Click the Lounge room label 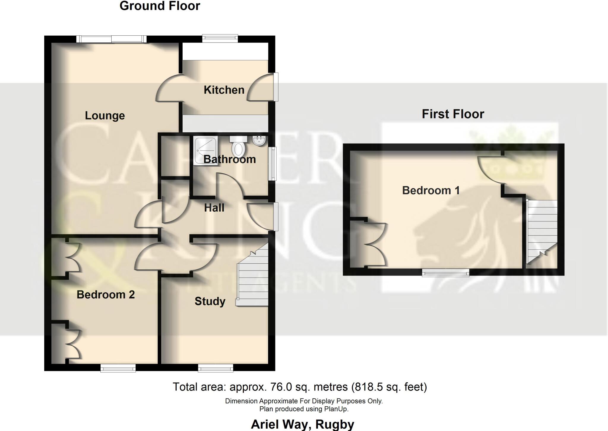pyautogui.click(x=105, y=116)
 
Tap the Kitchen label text pyautogui.click(x=224, y=90)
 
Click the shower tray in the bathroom pyautogui.click(x=205, y=150)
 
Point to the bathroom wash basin pyautogui.click(x=259, y=141)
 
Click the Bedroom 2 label pyautogui.click(x=106, y=295)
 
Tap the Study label pyautogui.click(x=210, y=301)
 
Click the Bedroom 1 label pyautogui.click(x=431, y=190)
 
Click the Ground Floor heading pyautogui.click(x=160, y=6)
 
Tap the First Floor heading pyautogui.click(x=453, y=114)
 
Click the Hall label pyautogui.click(x=214, y=208)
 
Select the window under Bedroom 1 pyautogui.click(x=446, y=273)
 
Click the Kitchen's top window pyautogui.click(x=220, y=38)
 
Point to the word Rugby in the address pyautogui.click(x=335, y=424)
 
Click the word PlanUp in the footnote pyautogui.click(x=336, y=409)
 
